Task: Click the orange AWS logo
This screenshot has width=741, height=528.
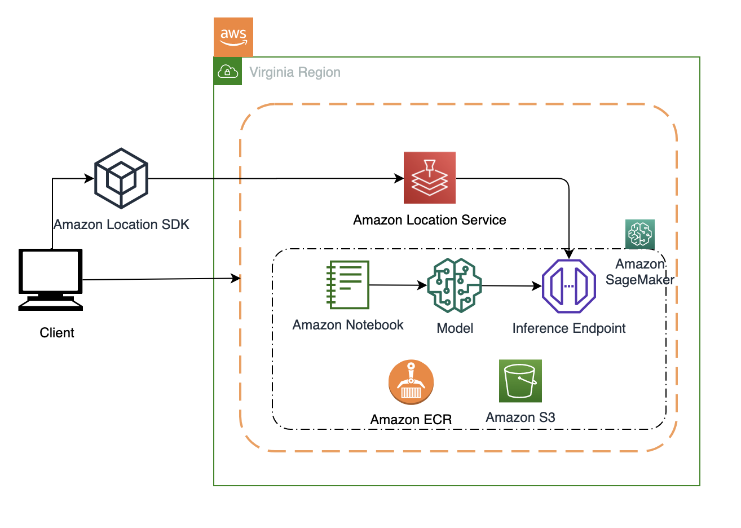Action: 233,37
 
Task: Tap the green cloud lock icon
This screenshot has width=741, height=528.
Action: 228,72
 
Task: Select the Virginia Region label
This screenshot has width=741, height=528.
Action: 295,72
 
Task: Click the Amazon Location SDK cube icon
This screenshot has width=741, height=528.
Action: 121,179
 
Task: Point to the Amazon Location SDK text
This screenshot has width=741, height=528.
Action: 121,225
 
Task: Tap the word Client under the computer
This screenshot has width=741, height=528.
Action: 57,333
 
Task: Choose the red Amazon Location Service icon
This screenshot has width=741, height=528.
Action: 430,178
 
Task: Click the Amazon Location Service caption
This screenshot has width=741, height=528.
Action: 430,220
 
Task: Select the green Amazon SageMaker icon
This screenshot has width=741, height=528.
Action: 640,234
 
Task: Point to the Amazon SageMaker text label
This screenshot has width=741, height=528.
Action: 640,272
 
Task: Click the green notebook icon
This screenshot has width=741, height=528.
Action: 348,285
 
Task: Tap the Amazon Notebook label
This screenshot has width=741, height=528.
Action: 348,325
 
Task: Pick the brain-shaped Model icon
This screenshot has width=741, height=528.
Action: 455,285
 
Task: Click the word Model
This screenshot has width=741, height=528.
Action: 455,328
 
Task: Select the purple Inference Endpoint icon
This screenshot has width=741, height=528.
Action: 569,286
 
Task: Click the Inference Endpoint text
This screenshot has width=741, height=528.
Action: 569,328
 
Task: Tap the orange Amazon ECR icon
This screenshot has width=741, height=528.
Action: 411,382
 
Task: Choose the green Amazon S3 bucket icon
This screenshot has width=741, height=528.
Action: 521,381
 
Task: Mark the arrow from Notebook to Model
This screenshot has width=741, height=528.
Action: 398,285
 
